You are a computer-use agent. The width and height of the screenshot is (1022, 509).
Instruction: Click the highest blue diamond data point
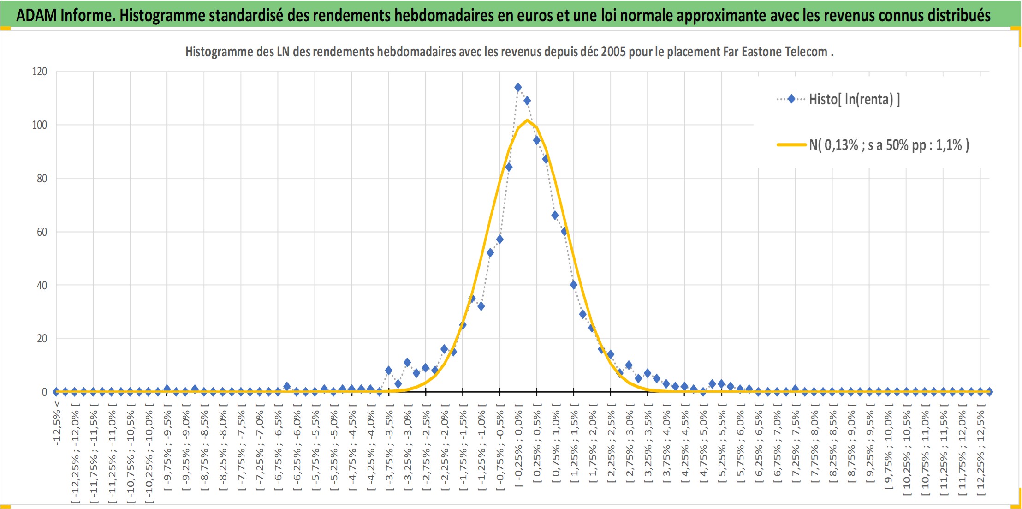coord(518,87)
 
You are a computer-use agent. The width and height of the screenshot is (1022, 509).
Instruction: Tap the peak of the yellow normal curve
coord(527,120)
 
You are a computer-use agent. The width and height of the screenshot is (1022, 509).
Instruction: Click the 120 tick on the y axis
coord(40,71)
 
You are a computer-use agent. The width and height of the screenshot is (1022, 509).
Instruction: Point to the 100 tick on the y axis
coord(40,125)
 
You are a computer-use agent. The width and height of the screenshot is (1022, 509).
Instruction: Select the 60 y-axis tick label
coord(42,232)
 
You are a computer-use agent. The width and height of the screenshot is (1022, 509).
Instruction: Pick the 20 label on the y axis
coord(42,338)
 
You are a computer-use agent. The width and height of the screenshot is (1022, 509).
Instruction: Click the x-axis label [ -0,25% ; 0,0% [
coord(518,445)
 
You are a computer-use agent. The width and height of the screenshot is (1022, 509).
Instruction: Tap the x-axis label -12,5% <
coord(57,423)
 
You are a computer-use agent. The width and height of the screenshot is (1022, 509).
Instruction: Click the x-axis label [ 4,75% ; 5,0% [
coord(703,443)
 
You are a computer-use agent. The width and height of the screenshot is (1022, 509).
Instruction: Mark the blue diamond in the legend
coord(791,99)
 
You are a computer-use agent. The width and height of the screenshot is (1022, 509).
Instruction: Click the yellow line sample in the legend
coord(791,145)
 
